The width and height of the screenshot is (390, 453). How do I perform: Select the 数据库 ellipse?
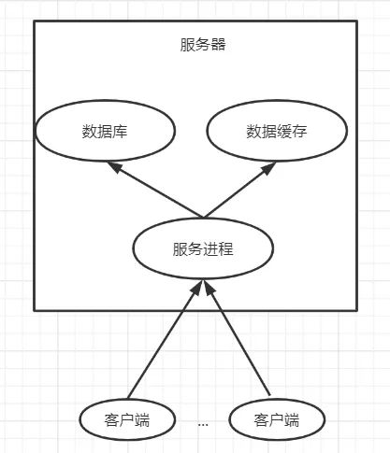[x=105, y=132]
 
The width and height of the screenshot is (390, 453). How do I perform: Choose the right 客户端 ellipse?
[x=276, y=419]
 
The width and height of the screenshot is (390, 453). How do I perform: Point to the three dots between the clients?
[x=203, y=423]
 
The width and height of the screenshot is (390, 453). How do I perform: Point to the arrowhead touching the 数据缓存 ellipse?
[x=268, y=170]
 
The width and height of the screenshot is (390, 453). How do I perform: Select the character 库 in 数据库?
[x=121, y=132]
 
